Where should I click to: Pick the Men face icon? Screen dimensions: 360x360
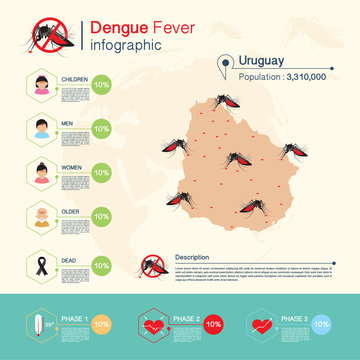click(42, 128)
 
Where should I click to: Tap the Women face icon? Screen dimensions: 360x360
click(42, 172)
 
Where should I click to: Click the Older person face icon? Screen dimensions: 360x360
click(42, 217)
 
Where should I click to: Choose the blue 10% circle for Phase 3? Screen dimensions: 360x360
click(321, 325)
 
